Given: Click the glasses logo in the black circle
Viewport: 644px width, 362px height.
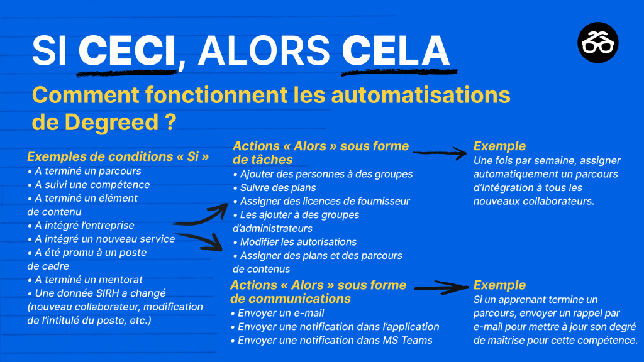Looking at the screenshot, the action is (598, 43).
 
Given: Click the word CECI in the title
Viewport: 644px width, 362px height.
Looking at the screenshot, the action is (127, 51).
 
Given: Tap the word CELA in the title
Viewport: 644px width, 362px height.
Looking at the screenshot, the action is (396, 51).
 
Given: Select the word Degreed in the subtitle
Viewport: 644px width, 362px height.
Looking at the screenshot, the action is (112, 122).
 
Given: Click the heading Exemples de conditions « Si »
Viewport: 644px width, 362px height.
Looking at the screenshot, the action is (118, 156).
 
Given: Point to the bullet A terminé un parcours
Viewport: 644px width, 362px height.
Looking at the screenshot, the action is (84, 171).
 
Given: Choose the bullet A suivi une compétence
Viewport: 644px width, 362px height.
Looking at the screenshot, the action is (88, 184).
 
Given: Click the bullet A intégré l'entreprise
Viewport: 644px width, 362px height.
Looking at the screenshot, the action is (80, 225).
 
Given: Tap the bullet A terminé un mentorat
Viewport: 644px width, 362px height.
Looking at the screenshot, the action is (85, 280).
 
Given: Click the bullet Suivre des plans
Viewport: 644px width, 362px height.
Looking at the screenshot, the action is (274, 187).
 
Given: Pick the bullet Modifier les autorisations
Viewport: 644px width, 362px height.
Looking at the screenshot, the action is (294, 242).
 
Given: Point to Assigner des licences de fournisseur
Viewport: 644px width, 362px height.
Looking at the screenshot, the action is (321, 201).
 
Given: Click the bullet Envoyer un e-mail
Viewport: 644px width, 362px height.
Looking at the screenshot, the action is (277, 313).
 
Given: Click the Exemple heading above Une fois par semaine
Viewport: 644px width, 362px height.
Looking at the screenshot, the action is (499, 146).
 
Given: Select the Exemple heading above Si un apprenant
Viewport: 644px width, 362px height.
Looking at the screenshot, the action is (499, 285).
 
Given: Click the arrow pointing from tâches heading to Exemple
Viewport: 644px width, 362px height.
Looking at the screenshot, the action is (440, 153).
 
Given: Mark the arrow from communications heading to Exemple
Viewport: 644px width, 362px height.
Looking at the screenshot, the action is (441, 287).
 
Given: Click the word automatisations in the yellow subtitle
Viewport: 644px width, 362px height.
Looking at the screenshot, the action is (421, 95).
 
